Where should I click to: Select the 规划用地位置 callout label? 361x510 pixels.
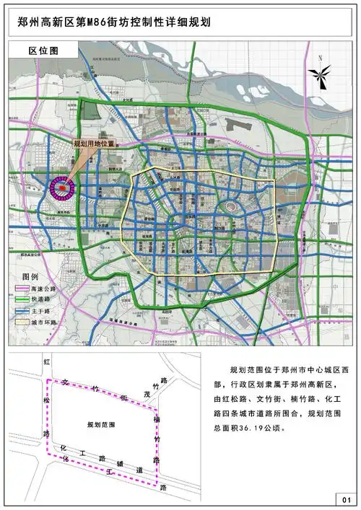95,144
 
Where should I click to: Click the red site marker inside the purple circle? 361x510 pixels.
62,189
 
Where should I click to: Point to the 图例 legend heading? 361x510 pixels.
30,277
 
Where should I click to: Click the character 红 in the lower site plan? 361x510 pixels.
45,361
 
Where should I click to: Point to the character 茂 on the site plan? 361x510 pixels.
148,395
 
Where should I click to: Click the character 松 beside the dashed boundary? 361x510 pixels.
45,400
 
